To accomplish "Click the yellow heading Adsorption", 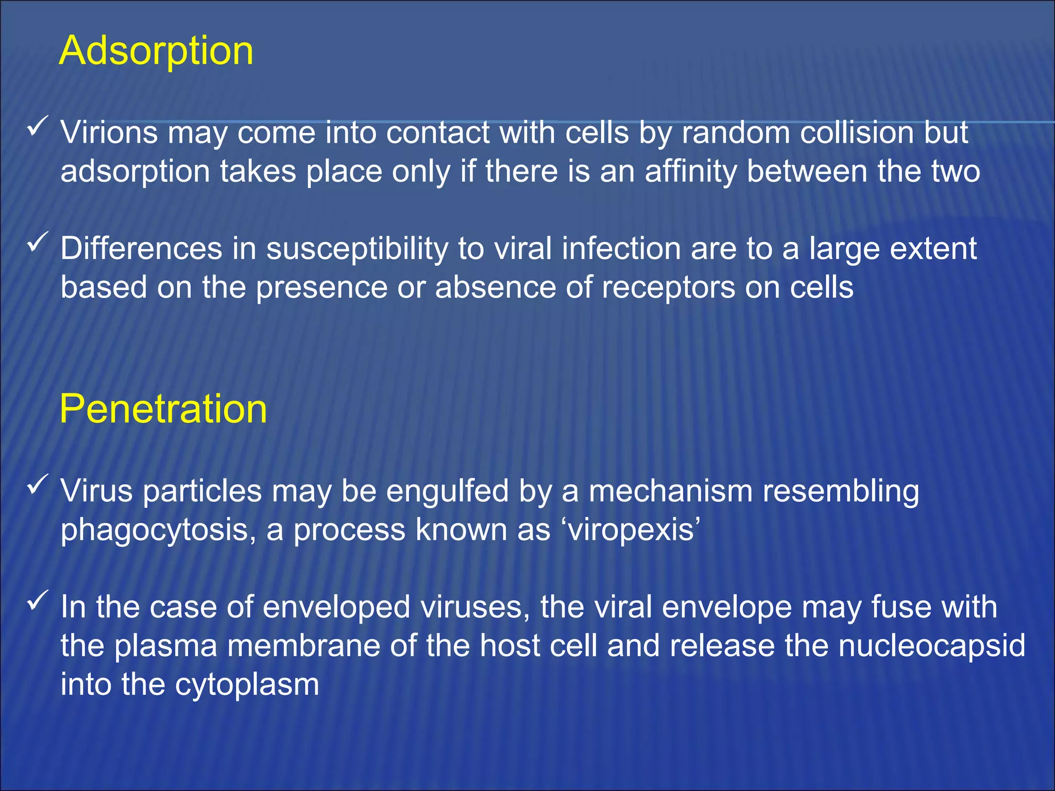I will tap(156, 51).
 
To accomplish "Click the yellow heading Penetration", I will tap(163, 409).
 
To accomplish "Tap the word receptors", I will tap(668, 288).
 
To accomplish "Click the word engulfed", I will tap(447, 491).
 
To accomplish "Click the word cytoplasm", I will tap(247, 685).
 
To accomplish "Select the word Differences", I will tap(141, 249).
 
